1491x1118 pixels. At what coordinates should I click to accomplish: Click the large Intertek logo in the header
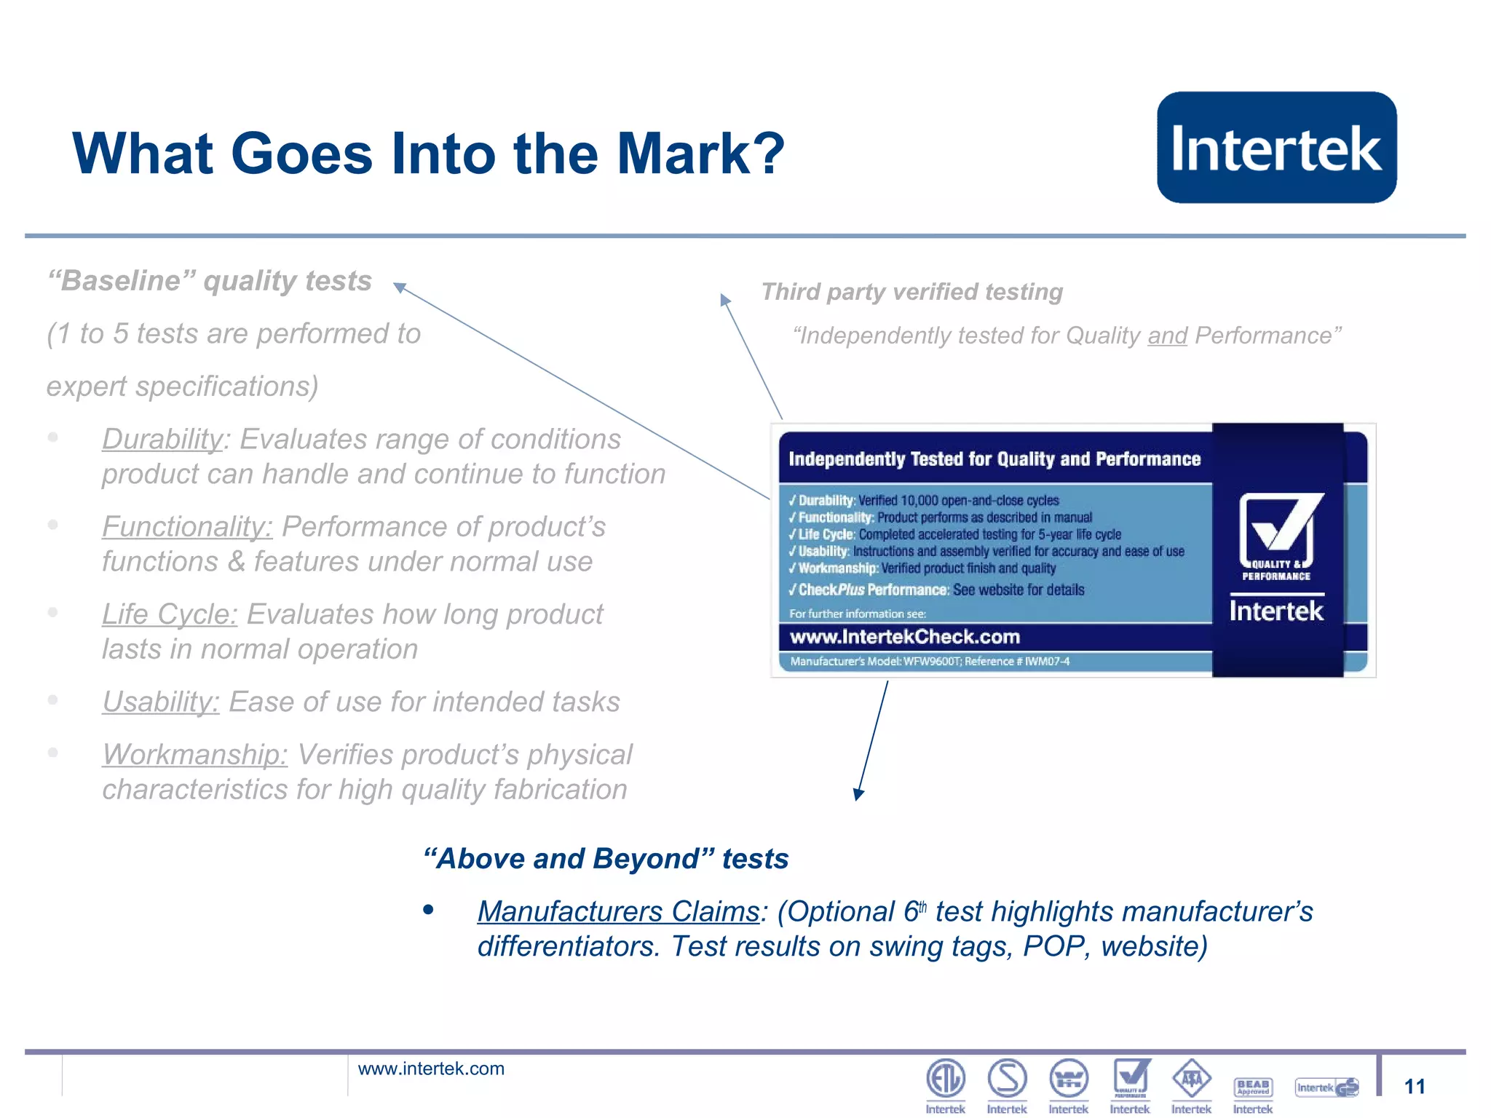(1276, 147)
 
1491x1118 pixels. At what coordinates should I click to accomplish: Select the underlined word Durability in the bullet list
(162, 439)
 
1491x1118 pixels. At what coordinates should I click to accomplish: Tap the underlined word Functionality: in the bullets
(187, 526)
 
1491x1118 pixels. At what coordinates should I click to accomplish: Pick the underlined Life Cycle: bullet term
(170, 614)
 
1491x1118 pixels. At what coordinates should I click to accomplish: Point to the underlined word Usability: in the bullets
(160, 702)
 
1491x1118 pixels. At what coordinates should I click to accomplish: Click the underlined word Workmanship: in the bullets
(194, 755)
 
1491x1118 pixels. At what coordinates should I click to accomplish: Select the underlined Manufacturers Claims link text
(618, 911)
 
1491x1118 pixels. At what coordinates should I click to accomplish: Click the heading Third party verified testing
(911, 292)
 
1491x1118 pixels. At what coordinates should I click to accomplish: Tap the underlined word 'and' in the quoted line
(1167, 336)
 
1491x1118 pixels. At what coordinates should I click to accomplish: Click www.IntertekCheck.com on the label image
(905, 637)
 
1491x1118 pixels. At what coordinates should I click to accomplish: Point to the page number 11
(1414, 1087)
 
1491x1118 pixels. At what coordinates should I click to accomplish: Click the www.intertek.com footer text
(431, 1069)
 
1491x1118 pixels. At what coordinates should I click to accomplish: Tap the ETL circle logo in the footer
(945, 1078)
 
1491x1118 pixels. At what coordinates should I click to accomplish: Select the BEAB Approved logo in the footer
(1253, 1087)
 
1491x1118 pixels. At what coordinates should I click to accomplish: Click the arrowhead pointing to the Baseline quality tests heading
(399, 287)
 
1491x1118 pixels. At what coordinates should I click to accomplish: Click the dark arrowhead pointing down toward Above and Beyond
(859, 793)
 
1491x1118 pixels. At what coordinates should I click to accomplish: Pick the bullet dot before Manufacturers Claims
(428, 910)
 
